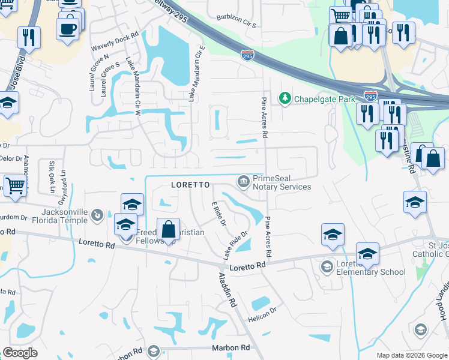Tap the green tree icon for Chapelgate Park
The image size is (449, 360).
[x=284, y=98]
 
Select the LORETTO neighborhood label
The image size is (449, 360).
[x=190, y=185]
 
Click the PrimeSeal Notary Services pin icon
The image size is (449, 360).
[x=243, y=180]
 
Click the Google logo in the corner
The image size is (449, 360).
[x=20, y=353]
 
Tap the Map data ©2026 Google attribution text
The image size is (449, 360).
[x=411, y=355]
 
